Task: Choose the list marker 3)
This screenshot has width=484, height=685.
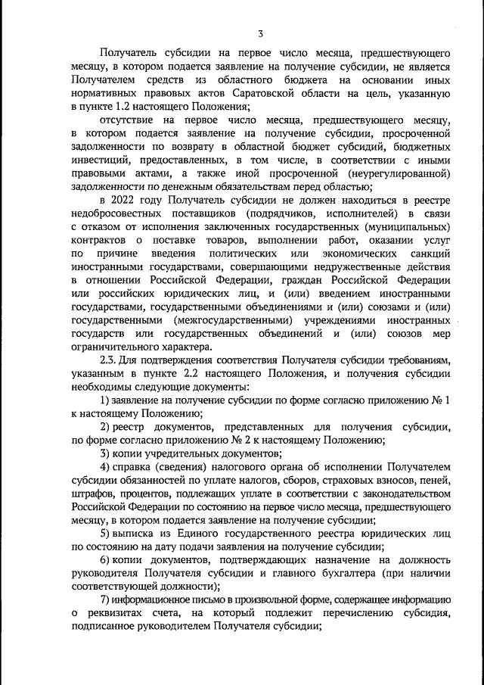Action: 106,453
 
